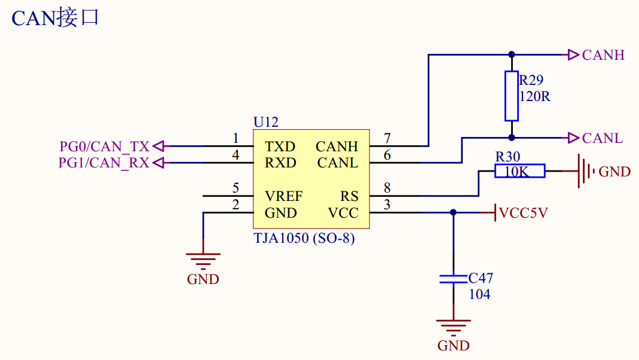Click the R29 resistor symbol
[511, 96]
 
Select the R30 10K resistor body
[520, 172]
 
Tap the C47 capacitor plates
[453, 279]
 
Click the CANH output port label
[603, 55]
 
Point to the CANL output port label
[603, 138]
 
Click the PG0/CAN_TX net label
[104, 147]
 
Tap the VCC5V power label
[523, 213]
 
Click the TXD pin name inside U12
[280, 147]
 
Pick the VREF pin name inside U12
[284, 196]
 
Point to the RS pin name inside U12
[349, 196]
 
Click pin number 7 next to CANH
[387, 139]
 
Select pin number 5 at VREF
[236, 188]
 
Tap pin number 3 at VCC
[387, 205]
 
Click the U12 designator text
[266, 122]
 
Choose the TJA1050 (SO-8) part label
[304, 238]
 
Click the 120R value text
[534, 96]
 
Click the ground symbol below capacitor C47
[453, 327]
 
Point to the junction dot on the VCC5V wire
[453, 212]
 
